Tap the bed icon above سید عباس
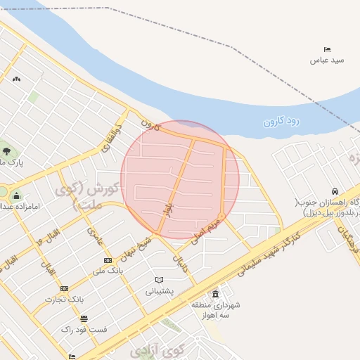pyautogui.click(x=328, y=49)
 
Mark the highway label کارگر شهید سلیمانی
pyautogui.click(x=271, y=247)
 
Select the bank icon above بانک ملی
pyautogui.click(x=108, y=261)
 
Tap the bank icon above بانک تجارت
pyautogui.click(x=64, y=288)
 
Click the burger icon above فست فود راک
pyautogui.click(x=84, y=319)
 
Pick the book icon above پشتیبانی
pyautogui.click(x=159, y=280)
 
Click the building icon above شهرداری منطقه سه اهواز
pyautogui.click(x=215, y=294)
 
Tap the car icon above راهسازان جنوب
pyautogui.click(x=335, y=191)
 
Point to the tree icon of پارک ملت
pyautogui.click(x=6, y=150)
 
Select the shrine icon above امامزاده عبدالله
pyautogui.click(x=16, y=195)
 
